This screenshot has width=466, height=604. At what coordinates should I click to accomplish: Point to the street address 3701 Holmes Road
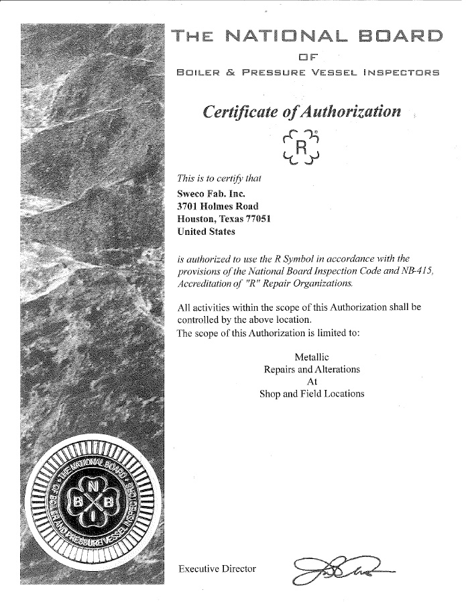[x=217, y=206]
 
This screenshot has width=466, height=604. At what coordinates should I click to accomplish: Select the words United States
[x=207, y=232]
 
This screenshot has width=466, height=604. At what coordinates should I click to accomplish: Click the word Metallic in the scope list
[x=312, y=356]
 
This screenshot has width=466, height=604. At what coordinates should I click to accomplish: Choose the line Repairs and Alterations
[x=312, y=369]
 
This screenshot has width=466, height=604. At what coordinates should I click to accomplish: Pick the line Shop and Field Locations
[x=312, y=394]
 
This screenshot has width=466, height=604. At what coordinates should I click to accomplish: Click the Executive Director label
[x=217, y=568]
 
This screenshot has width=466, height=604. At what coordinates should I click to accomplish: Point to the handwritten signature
[x=340, y=570]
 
